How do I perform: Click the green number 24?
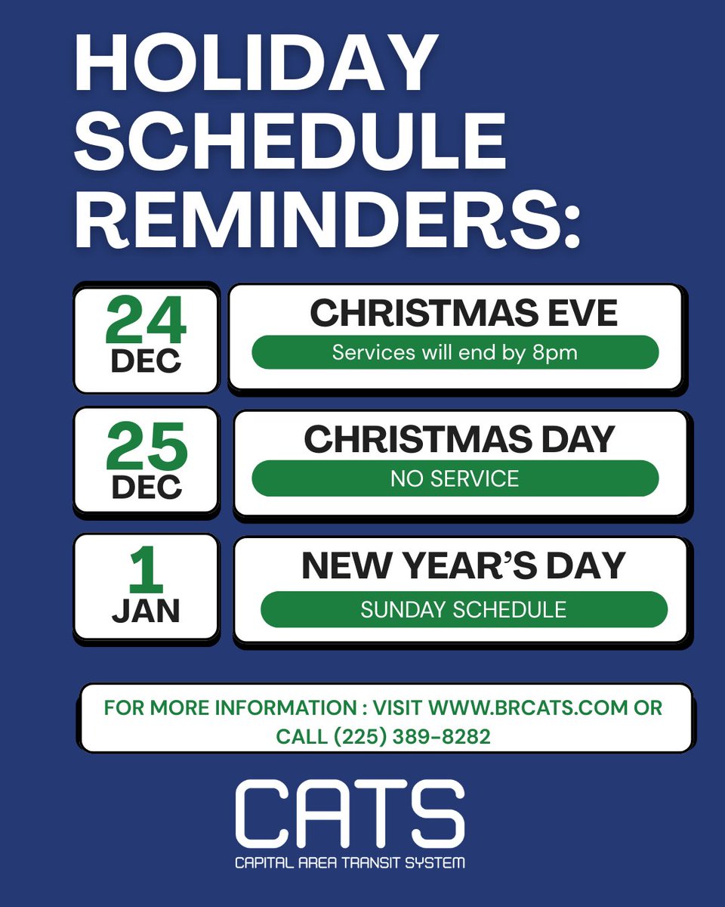(x=146, y=321)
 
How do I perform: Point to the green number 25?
(x=146, y=447)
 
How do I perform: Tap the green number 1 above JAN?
(x=146, y=571)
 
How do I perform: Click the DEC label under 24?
(x=146, y=361)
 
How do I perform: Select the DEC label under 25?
(x=146, y=487)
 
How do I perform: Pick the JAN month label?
(x=146, y=611)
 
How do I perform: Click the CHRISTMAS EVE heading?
(x=464, y=314)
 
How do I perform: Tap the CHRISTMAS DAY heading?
(x=459, y=440)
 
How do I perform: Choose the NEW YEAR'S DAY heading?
(x=464, y=566)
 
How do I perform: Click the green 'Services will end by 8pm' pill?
(x=455, y=353)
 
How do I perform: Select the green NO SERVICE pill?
(x=455, y=478)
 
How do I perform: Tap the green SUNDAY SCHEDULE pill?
(x=464, y=609)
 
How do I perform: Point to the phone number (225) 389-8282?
(x=415, y=736)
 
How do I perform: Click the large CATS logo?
(x=349, y=816)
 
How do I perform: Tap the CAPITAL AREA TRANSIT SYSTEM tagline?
(x=349, y=862)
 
